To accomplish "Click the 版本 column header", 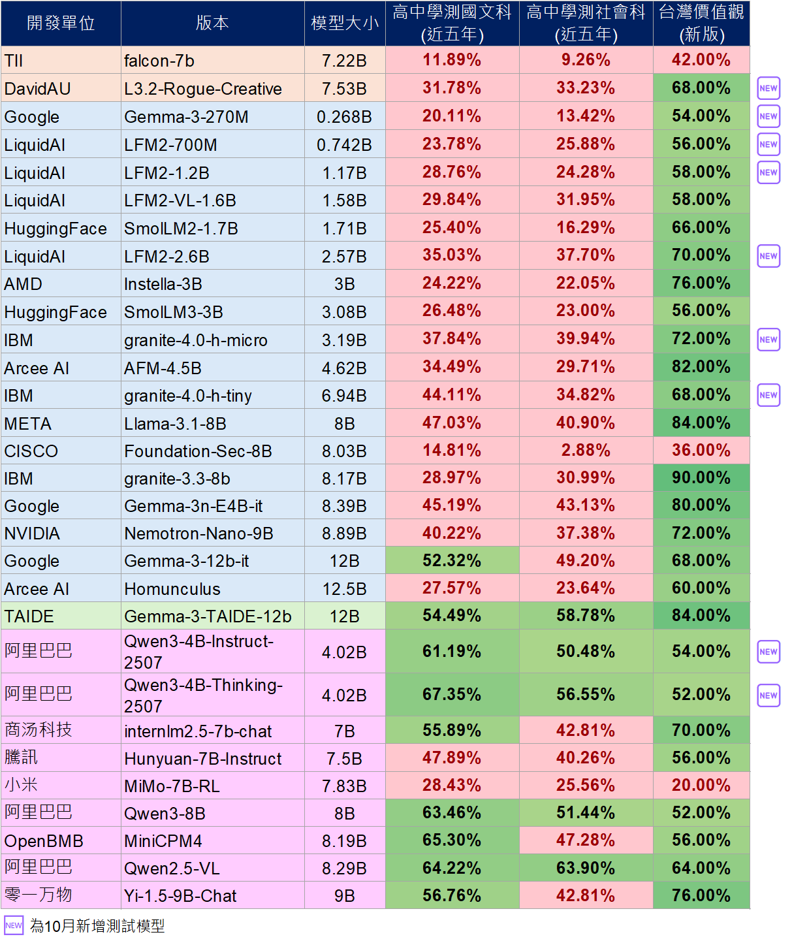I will point(212,23).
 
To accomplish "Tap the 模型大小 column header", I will point(345,24).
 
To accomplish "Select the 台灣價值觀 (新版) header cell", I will point(701,24).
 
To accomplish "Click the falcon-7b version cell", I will point(212,61).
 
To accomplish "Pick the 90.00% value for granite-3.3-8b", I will point(701,478).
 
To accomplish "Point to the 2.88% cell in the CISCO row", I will point(586,451).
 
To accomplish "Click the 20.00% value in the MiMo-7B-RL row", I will point(701,785).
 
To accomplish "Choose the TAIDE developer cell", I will point(61,616).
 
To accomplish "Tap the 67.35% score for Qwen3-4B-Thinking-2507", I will point(452,694).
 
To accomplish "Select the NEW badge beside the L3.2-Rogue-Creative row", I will point(768,88).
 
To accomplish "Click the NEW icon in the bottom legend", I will point(14,925).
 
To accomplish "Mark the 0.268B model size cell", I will point(345,117).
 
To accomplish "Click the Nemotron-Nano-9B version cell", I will point(212,534).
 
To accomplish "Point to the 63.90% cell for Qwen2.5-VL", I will point(586,868).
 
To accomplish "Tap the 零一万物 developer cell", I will point(61,895).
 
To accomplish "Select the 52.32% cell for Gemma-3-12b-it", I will point(452,560).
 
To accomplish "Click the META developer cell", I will point(61,424).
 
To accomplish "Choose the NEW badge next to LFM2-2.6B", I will point(768,256).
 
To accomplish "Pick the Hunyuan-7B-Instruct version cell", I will point(212,759).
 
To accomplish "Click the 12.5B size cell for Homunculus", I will point(345,589).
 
